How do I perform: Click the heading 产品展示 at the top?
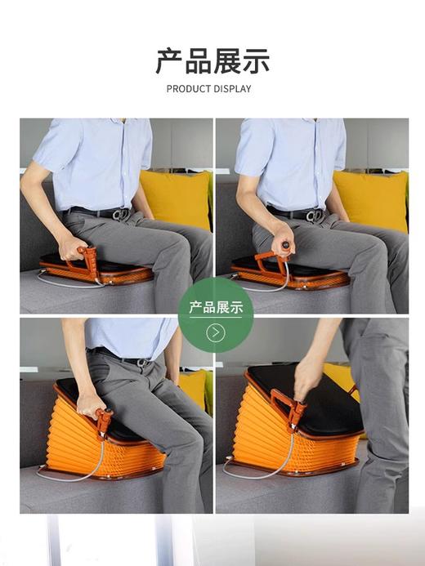pos(212,61)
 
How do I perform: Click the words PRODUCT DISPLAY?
pos(209,89)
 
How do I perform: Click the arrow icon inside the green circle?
pos(216,332)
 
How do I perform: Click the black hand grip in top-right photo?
pos(286,245)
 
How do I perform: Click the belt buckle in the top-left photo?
pos(122,214)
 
